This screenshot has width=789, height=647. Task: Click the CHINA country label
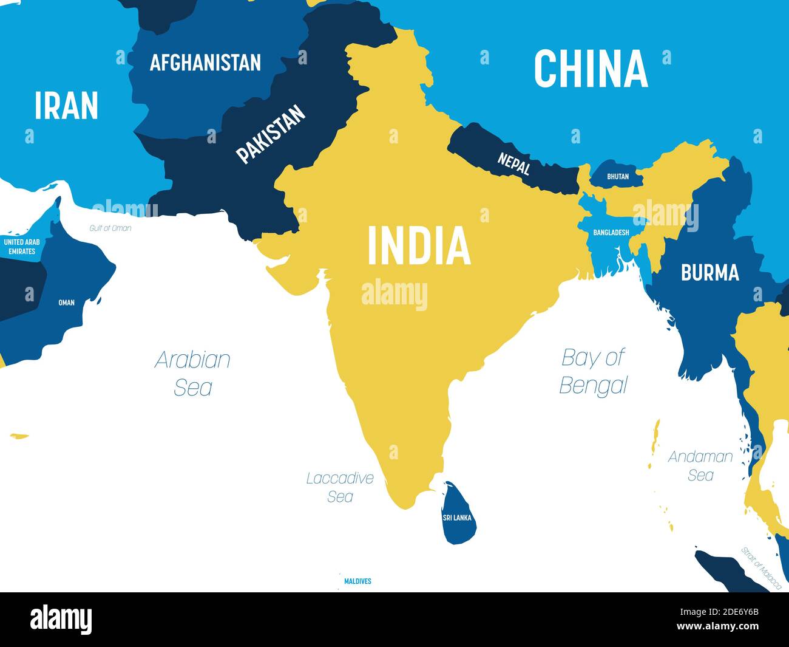point(591,68)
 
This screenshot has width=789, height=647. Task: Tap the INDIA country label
point(419,245)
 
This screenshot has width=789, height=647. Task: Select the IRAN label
point(66,106)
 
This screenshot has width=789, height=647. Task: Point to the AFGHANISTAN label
point(205,62)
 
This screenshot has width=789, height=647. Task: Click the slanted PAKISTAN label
point(271,134)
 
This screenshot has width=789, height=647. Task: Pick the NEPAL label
point(514,163)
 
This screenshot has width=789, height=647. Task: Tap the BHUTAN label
point(618,176)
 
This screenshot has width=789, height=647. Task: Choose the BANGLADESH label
point(611,232)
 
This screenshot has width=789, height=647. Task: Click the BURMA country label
point(709,272)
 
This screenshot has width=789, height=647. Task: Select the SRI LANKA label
point(457,518)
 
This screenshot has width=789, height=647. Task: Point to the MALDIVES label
point(357,581)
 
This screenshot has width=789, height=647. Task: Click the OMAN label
point(66,302)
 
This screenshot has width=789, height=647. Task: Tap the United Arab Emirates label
point(22,246)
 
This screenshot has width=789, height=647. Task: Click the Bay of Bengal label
point(593,371)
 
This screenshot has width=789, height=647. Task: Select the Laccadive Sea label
point(340,487)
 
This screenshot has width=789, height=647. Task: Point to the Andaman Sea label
point(700,465)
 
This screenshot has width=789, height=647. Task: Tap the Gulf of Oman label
point(110,228)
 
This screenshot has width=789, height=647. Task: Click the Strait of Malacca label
point(761,567)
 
